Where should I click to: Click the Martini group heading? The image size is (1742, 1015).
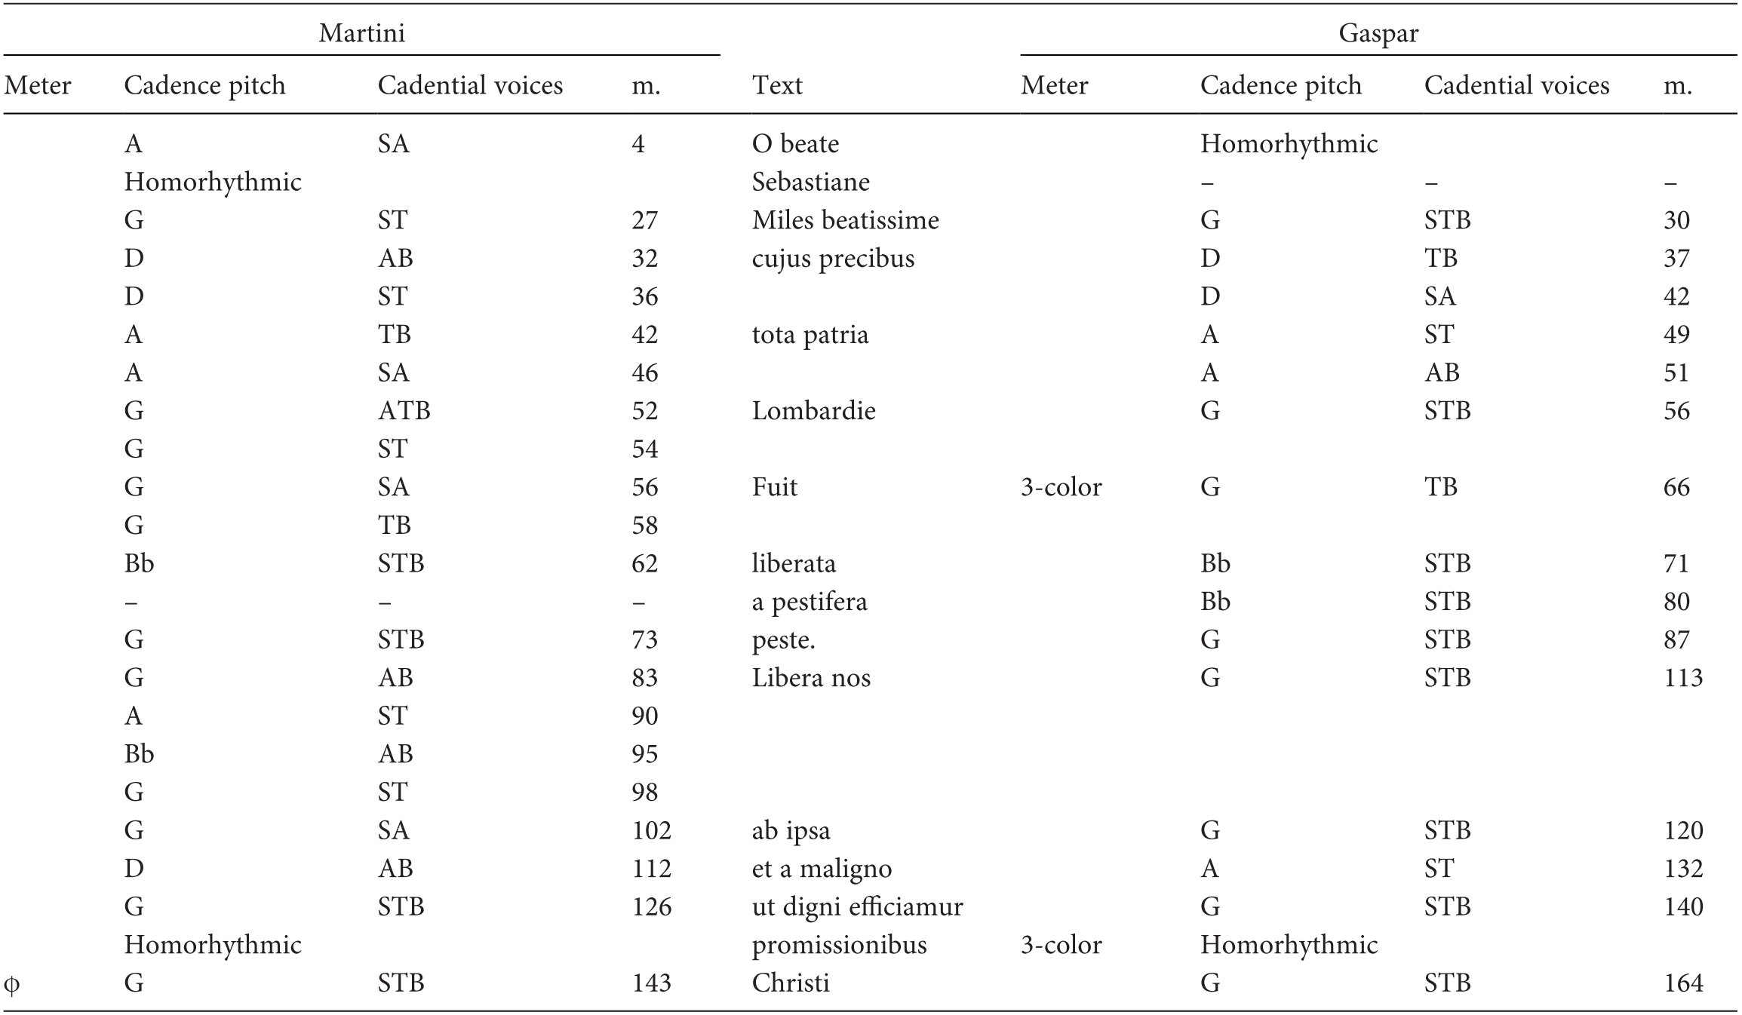coord(361,33)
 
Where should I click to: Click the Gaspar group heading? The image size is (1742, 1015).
coord(1378,33)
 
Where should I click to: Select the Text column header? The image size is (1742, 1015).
coord(777,85)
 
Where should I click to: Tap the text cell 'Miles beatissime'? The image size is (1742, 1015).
coord(845,220)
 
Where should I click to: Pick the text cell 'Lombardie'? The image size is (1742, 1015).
coord(813,411)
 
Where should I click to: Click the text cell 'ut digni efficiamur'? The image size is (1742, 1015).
coord(857,906)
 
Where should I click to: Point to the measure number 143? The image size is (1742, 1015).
coord(651,983)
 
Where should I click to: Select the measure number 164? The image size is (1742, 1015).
coord(1683,983)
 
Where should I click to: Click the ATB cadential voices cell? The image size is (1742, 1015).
coord(404,411)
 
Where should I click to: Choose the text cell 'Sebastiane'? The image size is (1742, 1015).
coord(810,182)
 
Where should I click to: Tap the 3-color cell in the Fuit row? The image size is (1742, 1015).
coord(1061,487)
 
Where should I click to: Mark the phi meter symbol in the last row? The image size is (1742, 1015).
coord(12,983)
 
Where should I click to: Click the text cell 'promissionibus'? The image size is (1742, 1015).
coord(839,945)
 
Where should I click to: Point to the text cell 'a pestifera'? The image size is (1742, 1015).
coord(810,602)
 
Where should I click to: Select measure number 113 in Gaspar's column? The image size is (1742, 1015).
coord(1683,678)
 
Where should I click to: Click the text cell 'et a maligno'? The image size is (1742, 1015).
coord(822,869)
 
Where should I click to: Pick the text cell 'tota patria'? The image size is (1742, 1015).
coord(810,335)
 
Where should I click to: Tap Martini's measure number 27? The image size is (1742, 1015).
coord(644,220)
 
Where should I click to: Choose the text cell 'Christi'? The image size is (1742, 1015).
coord(790,983)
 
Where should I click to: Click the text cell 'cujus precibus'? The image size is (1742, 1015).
coord(833,259)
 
